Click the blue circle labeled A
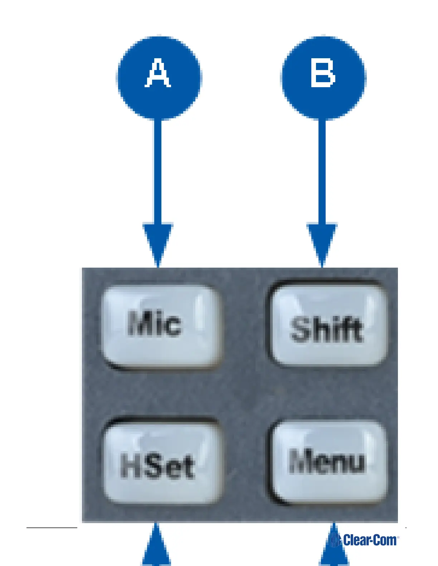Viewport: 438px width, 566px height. pos(159,78)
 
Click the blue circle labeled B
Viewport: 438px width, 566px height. pos(323,78)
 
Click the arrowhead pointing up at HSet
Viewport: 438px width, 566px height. pos(156,547)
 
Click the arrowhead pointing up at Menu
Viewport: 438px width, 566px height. pos(334,547)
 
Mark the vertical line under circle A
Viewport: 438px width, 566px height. pos(158,172)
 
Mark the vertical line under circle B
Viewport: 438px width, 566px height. pos(322,172)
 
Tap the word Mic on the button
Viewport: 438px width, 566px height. pos(154,324)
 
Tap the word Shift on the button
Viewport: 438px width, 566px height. pos(326,329)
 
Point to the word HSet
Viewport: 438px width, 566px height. pos(157,466)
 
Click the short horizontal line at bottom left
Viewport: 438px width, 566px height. pos(52,527)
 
